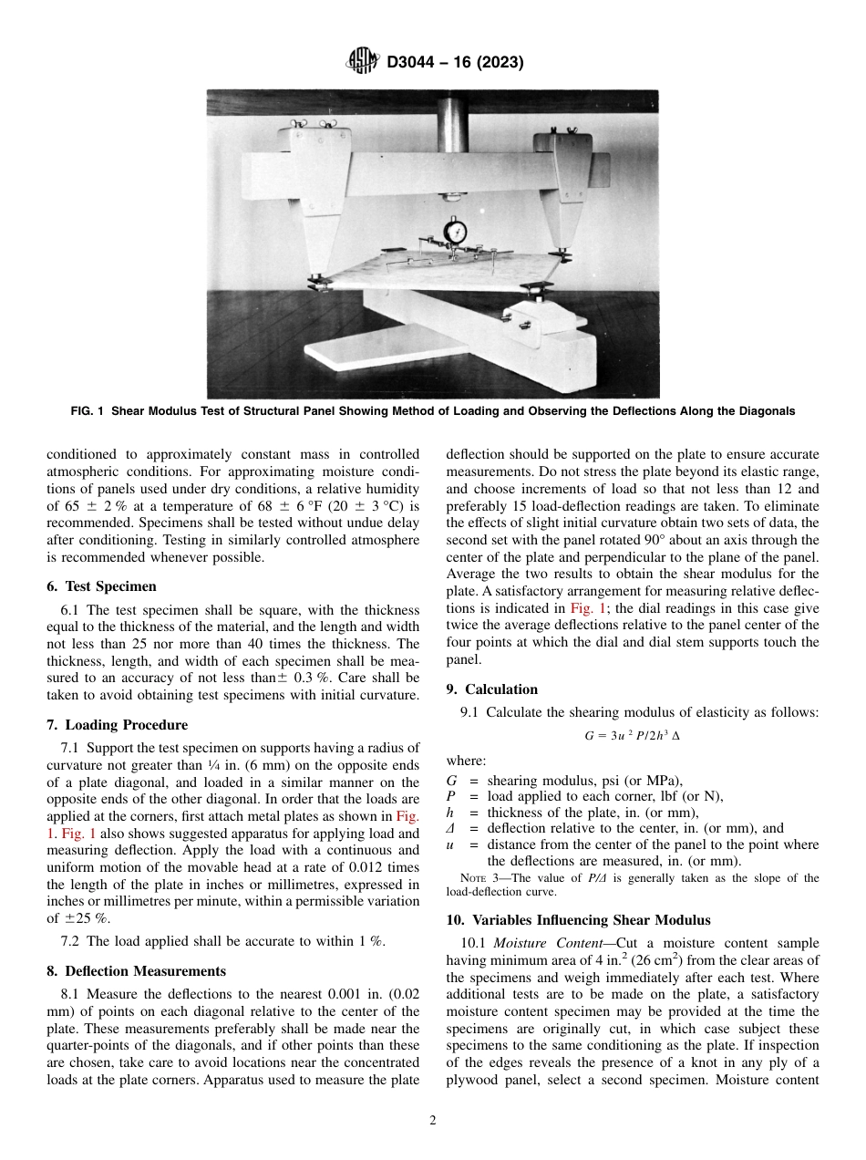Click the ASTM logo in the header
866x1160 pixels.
pos(363,63)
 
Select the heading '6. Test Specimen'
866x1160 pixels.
pos(101,586)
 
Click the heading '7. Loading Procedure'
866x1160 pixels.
pos(117,725)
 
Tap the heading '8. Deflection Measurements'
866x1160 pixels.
pos(136,971)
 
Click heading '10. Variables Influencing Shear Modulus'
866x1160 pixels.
pos(578,919)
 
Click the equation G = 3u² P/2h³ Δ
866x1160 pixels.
pos(632,733)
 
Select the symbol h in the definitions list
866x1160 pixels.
pos(450,813)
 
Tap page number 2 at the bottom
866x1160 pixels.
pos(433,1121)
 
